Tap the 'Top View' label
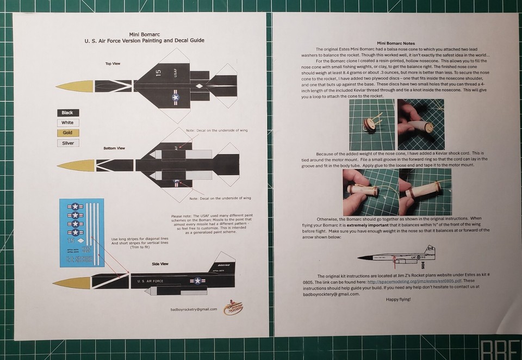(x=113, y=64)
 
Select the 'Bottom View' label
(x=114, y=148)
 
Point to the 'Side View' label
(x=160, y=263)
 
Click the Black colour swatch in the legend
(x=68, y=113)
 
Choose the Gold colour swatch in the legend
(x=68, y=133)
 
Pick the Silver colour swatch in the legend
(x=68, y=143)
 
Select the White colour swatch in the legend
(x=68, y=123)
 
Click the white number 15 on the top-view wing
(x=158, y=72)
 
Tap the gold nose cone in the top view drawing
(x=73, y=85)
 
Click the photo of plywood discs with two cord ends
(x=371, y=126)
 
